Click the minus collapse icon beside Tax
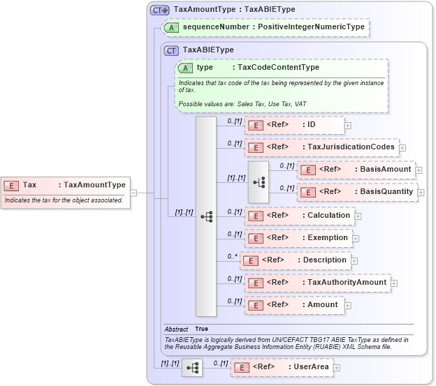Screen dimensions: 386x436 133,193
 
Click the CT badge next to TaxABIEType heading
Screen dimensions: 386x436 172,50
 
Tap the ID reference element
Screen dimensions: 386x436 293,125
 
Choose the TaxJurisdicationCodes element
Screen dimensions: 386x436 321,147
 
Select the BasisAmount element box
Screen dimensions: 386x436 356,170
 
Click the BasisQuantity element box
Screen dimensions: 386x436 357,191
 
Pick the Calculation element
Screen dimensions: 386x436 298,216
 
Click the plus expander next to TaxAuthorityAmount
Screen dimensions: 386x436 394,283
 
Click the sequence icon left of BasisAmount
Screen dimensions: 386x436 259,181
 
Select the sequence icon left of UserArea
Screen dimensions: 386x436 192,367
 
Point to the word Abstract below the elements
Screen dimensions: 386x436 176,329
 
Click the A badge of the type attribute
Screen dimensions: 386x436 186,68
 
